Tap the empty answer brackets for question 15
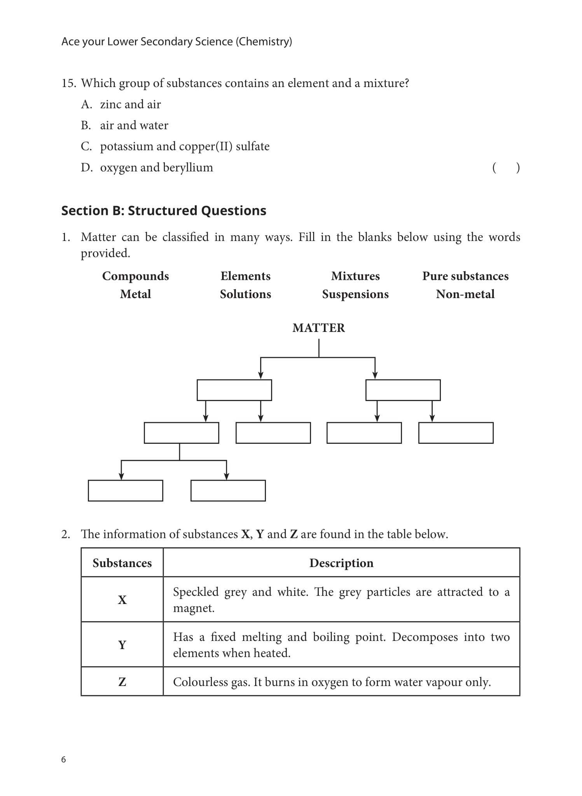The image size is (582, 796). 505,168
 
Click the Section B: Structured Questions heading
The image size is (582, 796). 164,211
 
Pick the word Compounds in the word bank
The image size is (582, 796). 135,276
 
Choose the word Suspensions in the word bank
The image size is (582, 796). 355,294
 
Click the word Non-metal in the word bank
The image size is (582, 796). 465,294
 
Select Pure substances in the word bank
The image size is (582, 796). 465,276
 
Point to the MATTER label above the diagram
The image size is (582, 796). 318,328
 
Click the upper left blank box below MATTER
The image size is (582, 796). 234,390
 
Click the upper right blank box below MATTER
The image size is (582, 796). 403,390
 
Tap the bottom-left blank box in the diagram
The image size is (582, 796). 125,491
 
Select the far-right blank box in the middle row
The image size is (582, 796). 456,433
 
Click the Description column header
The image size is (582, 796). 341,563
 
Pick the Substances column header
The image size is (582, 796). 122,563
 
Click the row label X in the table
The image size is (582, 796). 122,600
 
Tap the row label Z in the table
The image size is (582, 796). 122,682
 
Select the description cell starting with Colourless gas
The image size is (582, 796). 332,682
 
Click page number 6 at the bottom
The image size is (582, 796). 64,759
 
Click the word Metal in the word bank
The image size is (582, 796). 135,294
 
